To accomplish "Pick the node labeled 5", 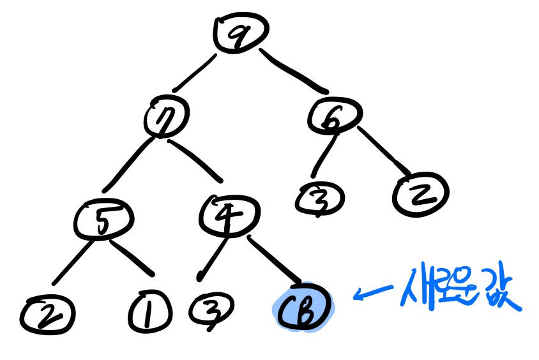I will click(x=103, y=219).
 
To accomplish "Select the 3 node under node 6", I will click(x=320, y=200).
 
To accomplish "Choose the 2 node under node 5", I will click(x=47, y=314).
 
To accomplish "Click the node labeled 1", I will click(x=149, y=313).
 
